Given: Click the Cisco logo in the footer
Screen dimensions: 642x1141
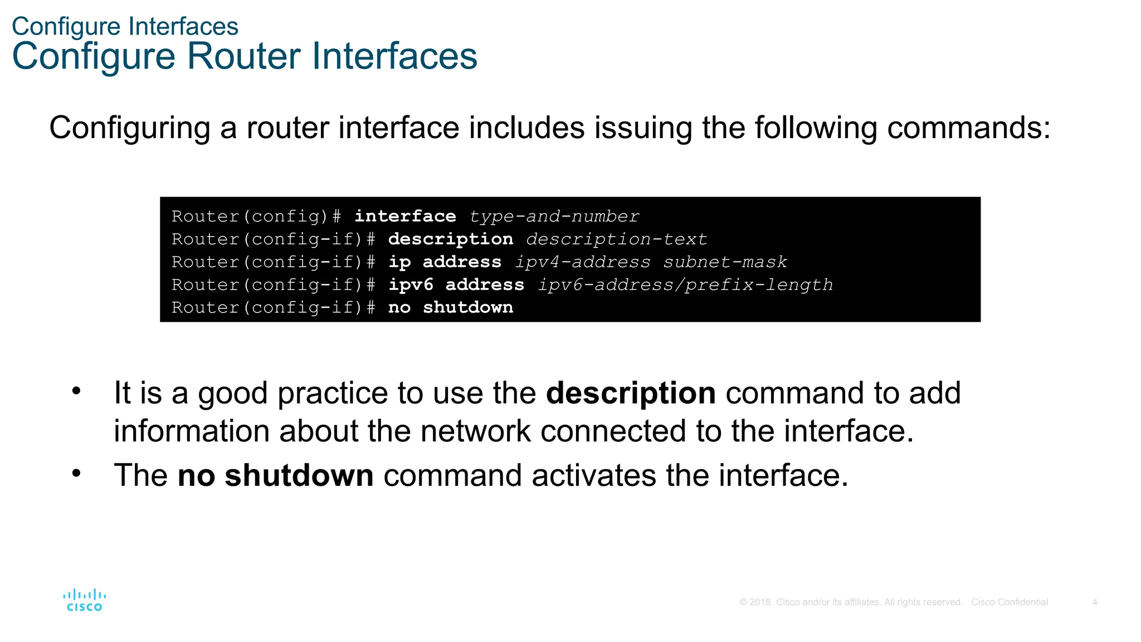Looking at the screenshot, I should click(x=85, y=601).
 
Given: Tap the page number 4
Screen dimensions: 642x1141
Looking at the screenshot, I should click(x=1095, y=602).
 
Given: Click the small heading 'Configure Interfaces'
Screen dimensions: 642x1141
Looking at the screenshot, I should click(x=125, y=26).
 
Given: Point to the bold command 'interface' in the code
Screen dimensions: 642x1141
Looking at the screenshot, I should click(x=405, y=216).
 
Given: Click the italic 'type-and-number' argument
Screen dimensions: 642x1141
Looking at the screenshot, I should click(x=554, y=216).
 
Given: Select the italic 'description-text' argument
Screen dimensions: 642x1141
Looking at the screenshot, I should click(x=616, y=239).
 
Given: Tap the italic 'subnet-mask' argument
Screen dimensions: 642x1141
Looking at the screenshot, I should click(x=725, y=262).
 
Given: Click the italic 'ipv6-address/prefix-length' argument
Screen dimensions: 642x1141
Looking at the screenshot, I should click(x=685, y=285).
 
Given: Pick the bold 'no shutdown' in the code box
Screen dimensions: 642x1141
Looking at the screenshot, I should click(x=450, y=308).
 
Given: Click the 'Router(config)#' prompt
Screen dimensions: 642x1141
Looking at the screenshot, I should click(x=256, y=216).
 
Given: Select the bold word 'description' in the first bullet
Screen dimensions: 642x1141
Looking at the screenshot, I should click(x=631, y=393).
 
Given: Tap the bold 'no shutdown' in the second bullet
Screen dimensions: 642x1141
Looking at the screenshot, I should click(x=275, y=475).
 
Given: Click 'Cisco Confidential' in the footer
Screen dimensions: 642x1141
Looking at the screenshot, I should click(x=1009, y=602).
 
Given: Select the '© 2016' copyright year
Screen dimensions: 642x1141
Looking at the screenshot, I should click(x=755, y=602).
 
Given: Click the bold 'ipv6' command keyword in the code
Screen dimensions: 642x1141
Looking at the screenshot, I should click(x=411, y=285).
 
